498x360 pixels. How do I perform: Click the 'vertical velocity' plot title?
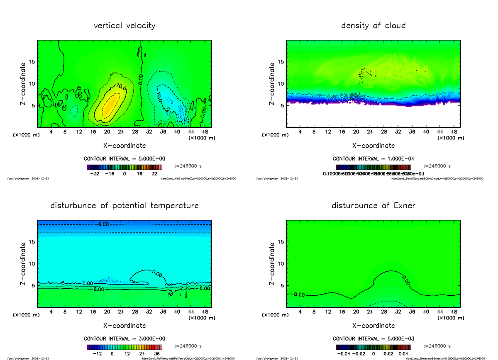(124, 26)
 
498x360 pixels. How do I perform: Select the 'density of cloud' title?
(373, 26)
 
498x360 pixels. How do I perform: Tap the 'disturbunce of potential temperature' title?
(124, 206)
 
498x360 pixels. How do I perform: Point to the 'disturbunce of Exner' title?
(373, 206)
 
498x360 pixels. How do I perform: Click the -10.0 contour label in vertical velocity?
(160, 96)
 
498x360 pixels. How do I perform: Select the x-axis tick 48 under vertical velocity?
(205, 132)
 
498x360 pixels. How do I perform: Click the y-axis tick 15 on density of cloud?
(281, 62)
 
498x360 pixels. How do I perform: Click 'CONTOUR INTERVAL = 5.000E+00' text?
(124, 159)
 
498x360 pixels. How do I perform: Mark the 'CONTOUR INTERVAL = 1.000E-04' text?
(373, 159)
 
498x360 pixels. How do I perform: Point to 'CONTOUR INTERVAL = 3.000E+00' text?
(124, 338)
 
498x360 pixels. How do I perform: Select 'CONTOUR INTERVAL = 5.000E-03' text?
(373, 338)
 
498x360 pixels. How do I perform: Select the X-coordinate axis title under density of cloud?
(373, 146)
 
